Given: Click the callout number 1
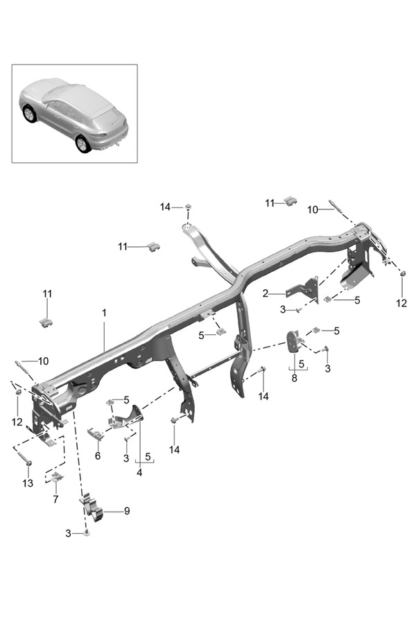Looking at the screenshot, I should tap(104, 313).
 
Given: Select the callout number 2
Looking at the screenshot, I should tap(266, 293).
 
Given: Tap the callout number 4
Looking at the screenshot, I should tap(139, 473).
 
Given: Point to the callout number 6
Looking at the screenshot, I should tap(98, 456).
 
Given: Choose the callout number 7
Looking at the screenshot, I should tap(55, 499).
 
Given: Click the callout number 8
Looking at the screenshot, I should tap(294, 379).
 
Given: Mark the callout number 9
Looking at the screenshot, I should tap(127, 511).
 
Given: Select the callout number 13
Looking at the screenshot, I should tap(28, 482).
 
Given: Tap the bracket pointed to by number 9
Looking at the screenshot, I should tap(92, 508).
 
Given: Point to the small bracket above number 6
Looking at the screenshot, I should tap(96, 434).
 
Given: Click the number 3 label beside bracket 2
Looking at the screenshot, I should tap(283, 309).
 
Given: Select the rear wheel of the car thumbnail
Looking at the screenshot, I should tap(83, 144).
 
